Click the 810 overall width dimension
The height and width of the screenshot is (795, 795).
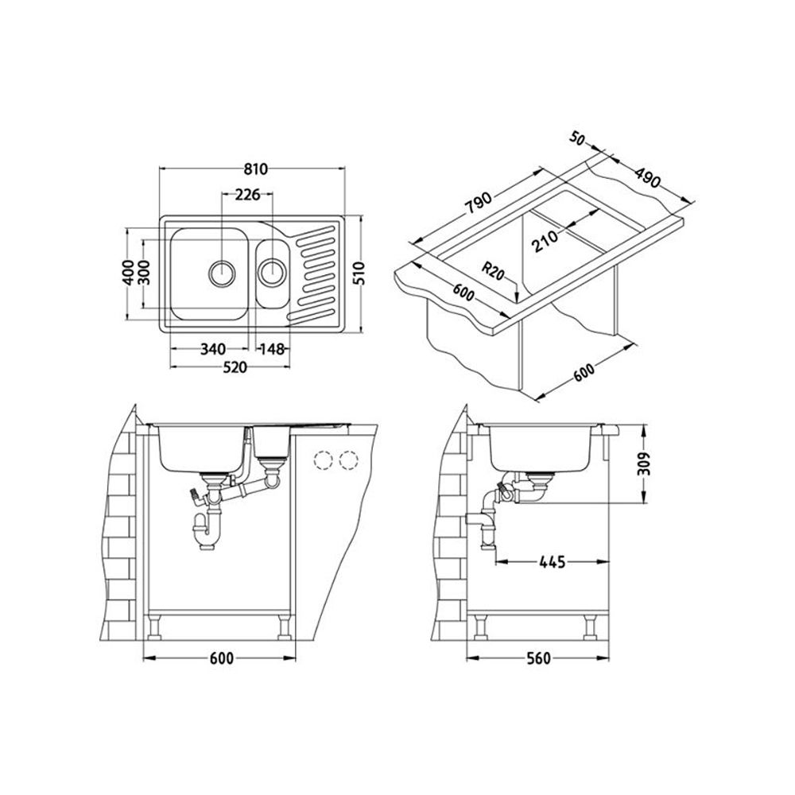(x=253, y=169)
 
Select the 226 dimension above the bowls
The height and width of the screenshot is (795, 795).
(x=246, y=196)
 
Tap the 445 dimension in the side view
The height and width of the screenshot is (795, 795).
(x=551, y=563)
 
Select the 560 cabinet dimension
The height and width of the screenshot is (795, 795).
(x=539, y=659)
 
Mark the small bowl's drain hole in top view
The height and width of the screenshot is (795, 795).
(x=272, y=271)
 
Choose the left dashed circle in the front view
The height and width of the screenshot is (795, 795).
(x=323, y=460)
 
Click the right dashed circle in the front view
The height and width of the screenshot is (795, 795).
(x=348, y=460)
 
